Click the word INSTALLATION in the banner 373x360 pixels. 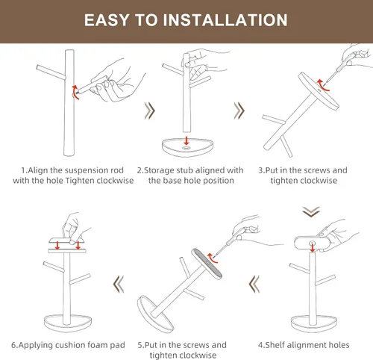click(x=225, y=20)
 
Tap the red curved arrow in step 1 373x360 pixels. click(x=75, y=92)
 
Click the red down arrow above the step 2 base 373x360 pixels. click(x=186, y=140)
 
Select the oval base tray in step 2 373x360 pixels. click(x=187, y=147)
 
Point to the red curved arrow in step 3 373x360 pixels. click(x=322, y=85)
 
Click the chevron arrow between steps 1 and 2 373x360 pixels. click(x=150, y=111)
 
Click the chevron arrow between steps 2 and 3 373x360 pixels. click(x=239, y=111)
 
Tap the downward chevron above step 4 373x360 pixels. click(x=311, y=212)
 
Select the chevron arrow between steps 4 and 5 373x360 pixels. click(x=254, y=284)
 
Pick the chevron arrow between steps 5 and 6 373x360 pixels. click(x=119, y=284)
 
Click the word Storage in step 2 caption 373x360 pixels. click(x=159, y=170)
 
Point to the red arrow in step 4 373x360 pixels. click(x=313, y=248)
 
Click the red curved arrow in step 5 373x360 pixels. click(x=212, y=258)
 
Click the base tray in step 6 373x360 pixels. click(x=68, y=323)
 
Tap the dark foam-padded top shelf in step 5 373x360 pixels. click(x=207, y=264)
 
